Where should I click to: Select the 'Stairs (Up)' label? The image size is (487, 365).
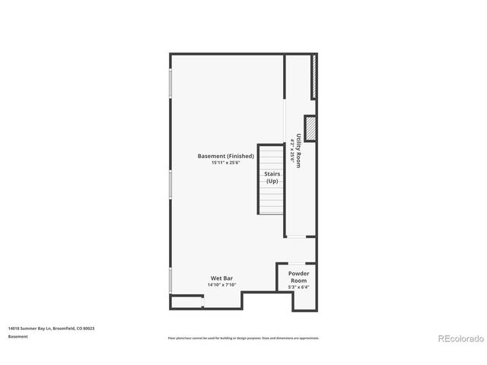pyautogui.click(x=272, y=177)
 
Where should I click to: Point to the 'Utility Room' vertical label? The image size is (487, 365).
pyautogui.click(x=299, y=150)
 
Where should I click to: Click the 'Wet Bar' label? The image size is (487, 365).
pyautogui.click(x=222, y=278)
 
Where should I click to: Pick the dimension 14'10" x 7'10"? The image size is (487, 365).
pyautogui.click(x=222, y=285)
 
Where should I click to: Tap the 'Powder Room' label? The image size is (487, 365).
pyautogui.click(x=298, y=276)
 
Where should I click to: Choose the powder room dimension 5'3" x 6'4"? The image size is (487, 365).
pyautogui.click(x=298, y=287)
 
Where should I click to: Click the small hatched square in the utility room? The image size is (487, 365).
pyautogui.click(x=310, y=127)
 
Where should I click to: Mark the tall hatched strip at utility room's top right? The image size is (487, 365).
pyautogui.click(x=314, y=76)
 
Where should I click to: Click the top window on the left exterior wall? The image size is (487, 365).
pyautogui.click(x=170, y=84)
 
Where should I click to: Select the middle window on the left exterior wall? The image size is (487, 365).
pyautogui.click(x=170, y=182)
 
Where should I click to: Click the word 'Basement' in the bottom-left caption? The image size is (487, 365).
pyautogui.click(x=18, y=336)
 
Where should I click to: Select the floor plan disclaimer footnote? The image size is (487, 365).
pyautogui.click(x=243, y=338)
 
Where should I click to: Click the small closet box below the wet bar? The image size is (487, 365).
pyautogui.click(x=186, y=303)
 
